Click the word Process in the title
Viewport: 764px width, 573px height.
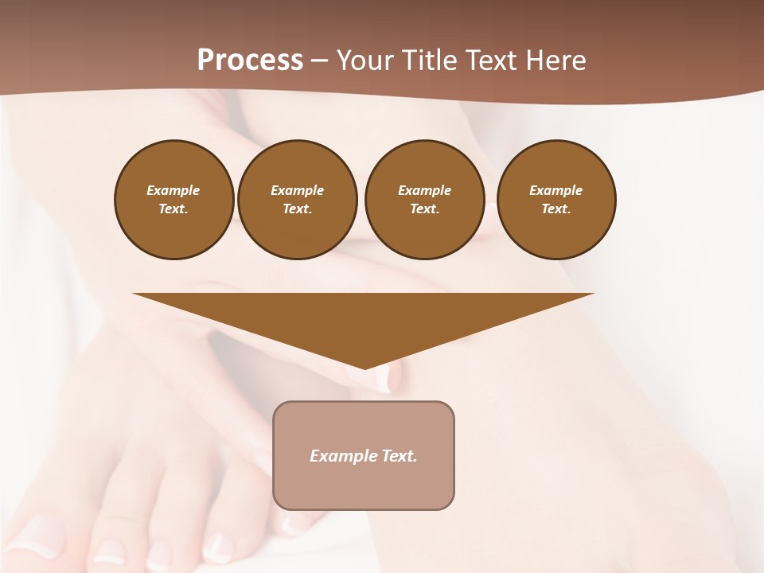click(250, 60)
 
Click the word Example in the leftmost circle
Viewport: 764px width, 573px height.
click(173, 190)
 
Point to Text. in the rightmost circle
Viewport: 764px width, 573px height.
click(556, 209)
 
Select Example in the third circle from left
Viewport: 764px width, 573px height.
click(424, 190)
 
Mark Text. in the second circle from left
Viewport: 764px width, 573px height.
click(297, 209)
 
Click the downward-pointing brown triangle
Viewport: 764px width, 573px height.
click(364, 318)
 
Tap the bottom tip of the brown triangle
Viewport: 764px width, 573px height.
click(364, 367)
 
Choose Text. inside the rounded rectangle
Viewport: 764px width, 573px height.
click(400, 456)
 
